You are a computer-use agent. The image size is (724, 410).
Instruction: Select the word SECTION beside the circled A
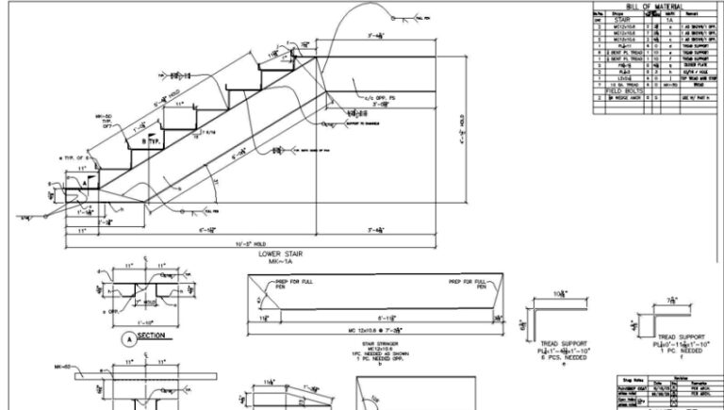[x=153, y=335]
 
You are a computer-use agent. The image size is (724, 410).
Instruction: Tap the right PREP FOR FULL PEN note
[x=467, y=284]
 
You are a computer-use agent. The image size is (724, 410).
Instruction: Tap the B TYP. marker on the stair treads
[x=150, y=141]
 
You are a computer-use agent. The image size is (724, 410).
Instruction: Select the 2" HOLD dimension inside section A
[x=145, y=304]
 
